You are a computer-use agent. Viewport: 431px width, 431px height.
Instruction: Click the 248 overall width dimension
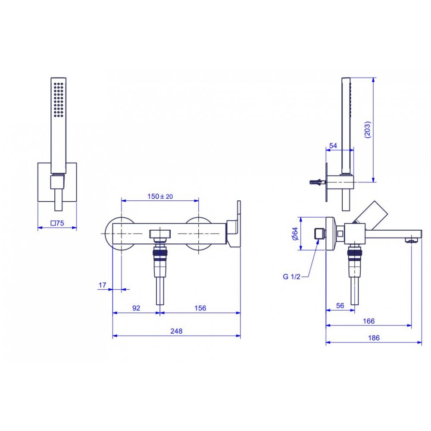(176, 331)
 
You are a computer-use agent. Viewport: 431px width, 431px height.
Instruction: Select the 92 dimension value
(136, 308)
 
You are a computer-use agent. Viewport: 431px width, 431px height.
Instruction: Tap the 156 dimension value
(200, 308)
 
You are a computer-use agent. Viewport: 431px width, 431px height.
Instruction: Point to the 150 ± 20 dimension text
(160, 196)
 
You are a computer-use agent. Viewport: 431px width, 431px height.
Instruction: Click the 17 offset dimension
(102, 285)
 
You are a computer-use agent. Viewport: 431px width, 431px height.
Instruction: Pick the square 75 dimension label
(57, 223)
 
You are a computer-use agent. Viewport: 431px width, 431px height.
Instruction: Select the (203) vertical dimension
(367, 129)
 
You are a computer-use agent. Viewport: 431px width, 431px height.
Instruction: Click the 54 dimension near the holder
(333, 146)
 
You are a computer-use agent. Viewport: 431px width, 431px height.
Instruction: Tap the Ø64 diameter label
(295, 234)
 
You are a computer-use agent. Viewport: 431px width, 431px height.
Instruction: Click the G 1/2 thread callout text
(292, 277)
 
